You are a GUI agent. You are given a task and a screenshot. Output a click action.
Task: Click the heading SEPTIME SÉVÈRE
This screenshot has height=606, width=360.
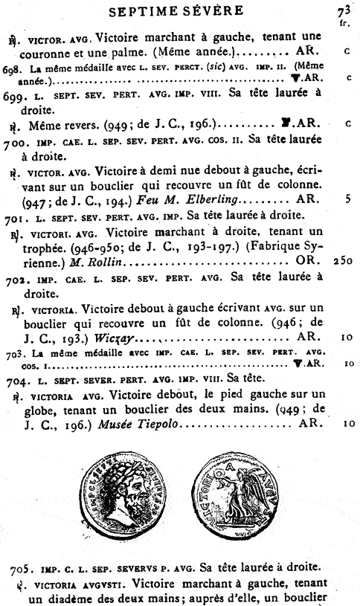176,11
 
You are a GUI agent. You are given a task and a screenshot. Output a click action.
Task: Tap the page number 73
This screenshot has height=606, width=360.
343,10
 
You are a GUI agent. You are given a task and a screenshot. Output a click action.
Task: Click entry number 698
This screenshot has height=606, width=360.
13,68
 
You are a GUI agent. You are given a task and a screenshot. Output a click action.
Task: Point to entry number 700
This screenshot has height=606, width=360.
15,141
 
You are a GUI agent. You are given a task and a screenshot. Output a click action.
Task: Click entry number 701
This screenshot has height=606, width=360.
15,217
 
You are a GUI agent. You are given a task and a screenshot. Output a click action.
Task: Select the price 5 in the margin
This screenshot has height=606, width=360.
347,199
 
